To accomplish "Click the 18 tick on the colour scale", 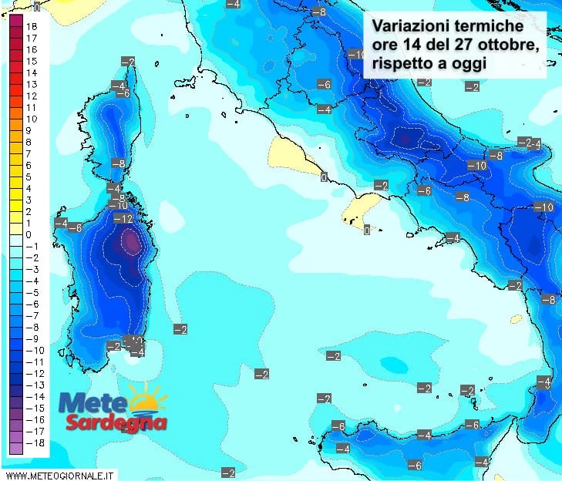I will pyautogui.click(x=32, y=25).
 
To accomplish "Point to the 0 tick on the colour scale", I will pyautogui.click(x=29, y=234).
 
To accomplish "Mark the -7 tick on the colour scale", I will pyautogui.click(x=31, y=315).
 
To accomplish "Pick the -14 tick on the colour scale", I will pyautogui.click(x=34, y=396).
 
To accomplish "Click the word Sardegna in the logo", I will pyautogui.click(x=116, y=422).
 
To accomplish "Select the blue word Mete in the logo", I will pyautogui.click(x=94, y=403).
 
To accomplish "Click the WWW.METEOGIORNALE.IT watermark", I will pyautogui.click(x=59, y=474).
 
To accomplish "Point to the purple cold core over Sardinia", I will pyautogui.click(x=131, y=244).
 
